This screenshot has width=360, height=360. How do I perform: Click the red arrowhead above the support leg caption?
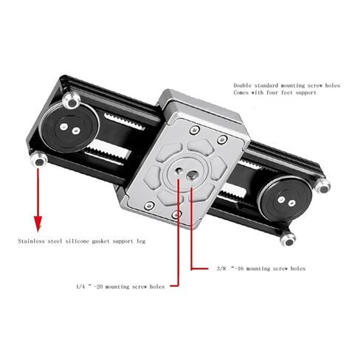coord(38,224)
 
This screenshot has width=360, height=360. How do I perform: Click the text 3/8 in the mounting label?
coord(221,269)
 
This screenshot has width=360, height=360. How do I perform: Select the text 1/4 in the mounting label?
coord(80,286)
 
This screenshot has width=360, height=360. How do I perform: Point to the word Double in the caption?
coord(242,86)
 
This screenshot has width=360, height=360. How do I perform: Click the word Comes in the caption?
coord(240,93)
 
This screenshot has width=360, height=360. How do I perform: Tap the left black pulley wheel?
coord(69,128)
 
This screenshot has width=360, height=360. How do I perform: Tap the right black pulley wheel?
coord(286,198)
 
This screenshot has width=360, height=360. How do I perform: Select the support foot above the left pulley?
coord(72,100)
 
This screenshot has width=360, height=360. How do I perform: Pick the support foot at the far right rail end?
coord(322,186)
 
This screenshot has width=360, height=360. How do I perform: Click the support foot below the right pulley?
coord(288,239)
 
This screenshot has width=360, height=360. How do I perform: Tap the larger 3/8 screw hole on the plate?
coord(191,176)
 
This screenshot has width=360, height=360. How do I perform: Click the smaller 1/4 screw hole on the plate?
coord(179,170)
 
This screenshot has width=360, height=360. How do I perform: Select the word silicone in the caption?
coord(77,241)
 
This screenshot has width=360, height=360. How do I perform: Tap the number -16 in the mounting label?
coord(238,269)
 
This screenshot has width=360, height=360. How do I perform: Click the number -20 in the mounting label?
coord(98,286)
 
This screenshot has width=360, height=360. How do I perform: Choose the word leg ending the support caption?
coord(141,241)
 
